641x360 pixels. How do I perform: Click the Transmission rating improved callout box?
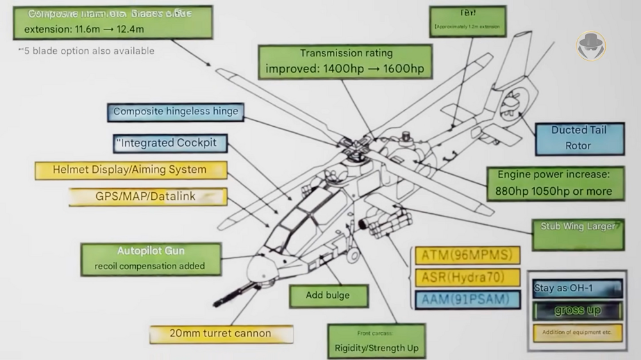345,61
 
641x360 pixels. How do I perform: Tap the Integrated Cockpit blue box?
167,143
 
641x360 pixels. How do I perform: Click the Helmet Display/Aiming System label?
130,170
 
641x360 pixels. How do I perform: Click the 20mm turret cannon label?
221,334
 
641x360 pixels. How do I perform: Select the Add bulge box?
328,295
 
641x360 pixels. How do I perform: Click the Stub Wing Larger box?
578,234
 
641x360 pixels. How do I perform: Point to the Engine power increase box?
554,183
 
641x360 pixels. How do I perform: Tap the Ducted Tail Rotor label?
579,138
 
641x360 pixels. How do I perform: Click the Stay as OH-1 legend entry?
577,288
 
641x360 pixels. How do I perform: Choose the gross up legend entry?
577,311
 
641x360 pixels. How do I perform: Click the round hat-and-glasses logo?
590,45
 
